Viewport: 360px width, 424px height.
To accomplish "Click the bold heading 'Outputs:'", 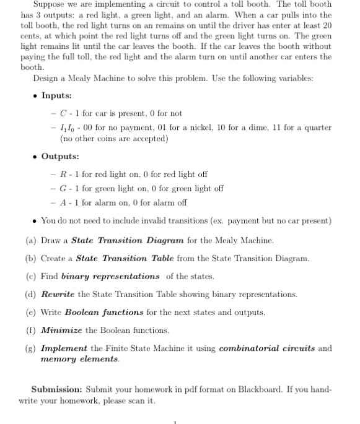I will pyautogui.click(x=59, y=156).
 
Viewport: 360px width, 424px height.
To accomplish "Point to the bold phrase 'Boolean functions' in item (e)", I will pyautogui.click(x=104, y=312).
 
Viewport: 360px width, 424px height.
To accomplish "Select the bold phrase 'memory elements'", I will pyautogui.click(x=79, y=358).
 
